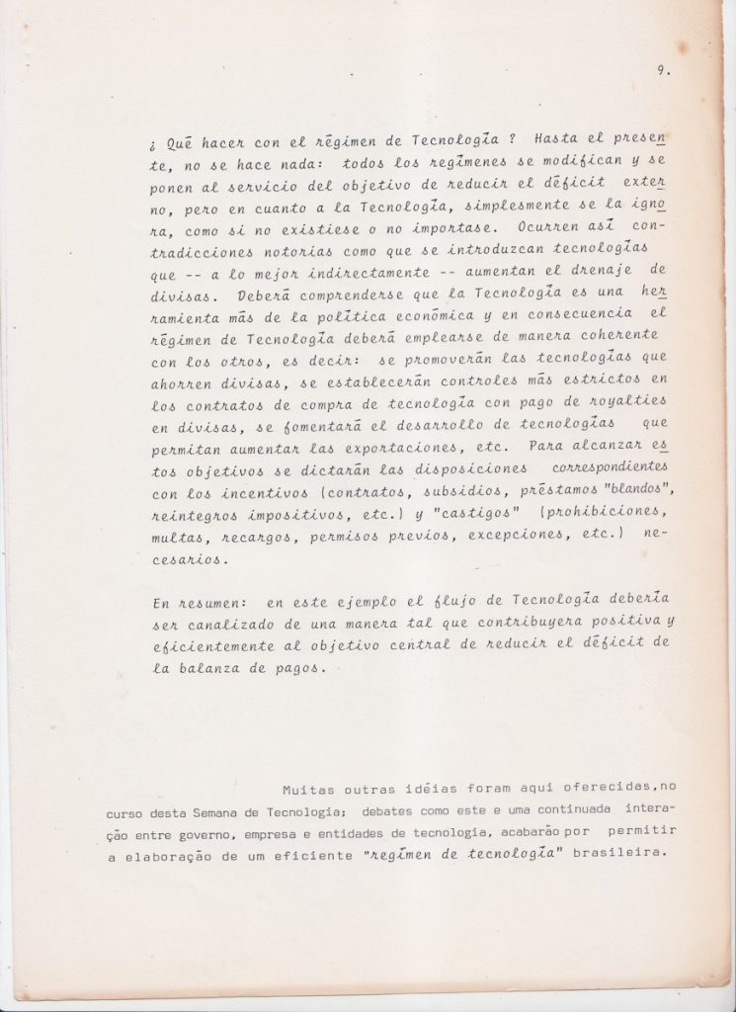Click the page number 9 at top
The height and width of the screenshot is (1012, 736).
(x=657, y=69)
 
